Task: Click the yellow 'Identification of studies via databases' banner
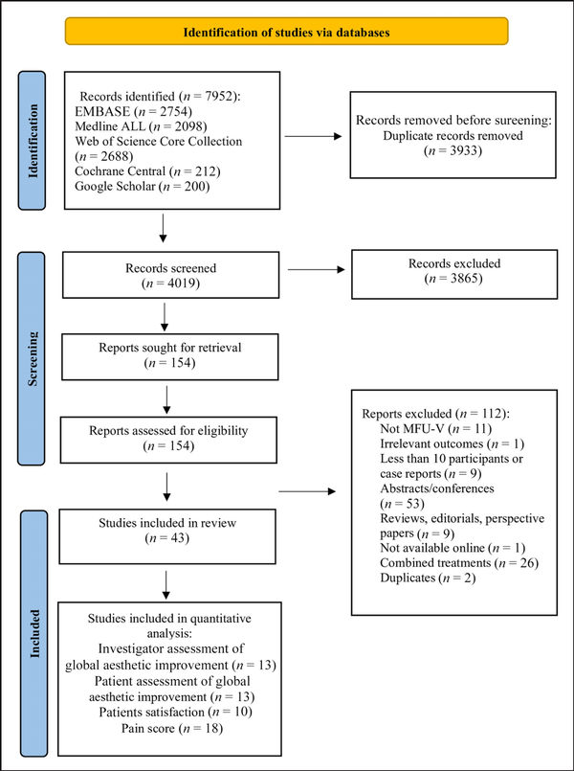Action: point(287,32)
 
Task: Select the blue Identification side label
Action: point(32,141)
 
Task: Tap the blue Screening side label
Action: point(32,358)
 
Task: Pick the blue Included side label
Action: point(33,633)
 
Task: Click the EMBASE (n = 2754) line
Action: point(133,112)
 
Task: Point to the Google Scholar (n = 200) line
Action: point(143,187)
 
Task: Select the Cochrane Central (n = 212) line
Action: point(147,171)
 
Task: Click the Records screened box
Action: point(171,275)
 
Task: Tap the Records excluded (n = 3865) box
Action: point(454,274)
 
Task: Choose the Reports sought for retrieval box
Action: point(170,357)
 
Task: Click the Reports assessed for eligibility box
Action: point(168,440)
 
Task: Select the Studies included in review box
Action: point(167,536)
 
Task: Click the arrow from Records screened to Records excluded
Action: point(317,269)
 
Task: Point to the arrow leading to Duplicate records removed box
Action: point(313,136)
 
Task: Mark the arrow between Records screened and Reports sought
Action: point(165,317)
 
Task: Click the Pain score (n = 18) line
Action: point(172,728)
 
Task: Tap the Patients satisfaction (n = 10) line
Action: point(175,712)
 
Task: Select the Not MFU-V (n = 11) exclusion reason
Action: point(436,429)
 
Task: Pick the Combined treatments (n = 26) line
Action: point(459,562)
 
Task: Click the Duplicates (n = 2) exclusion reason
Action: point(429,578)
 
